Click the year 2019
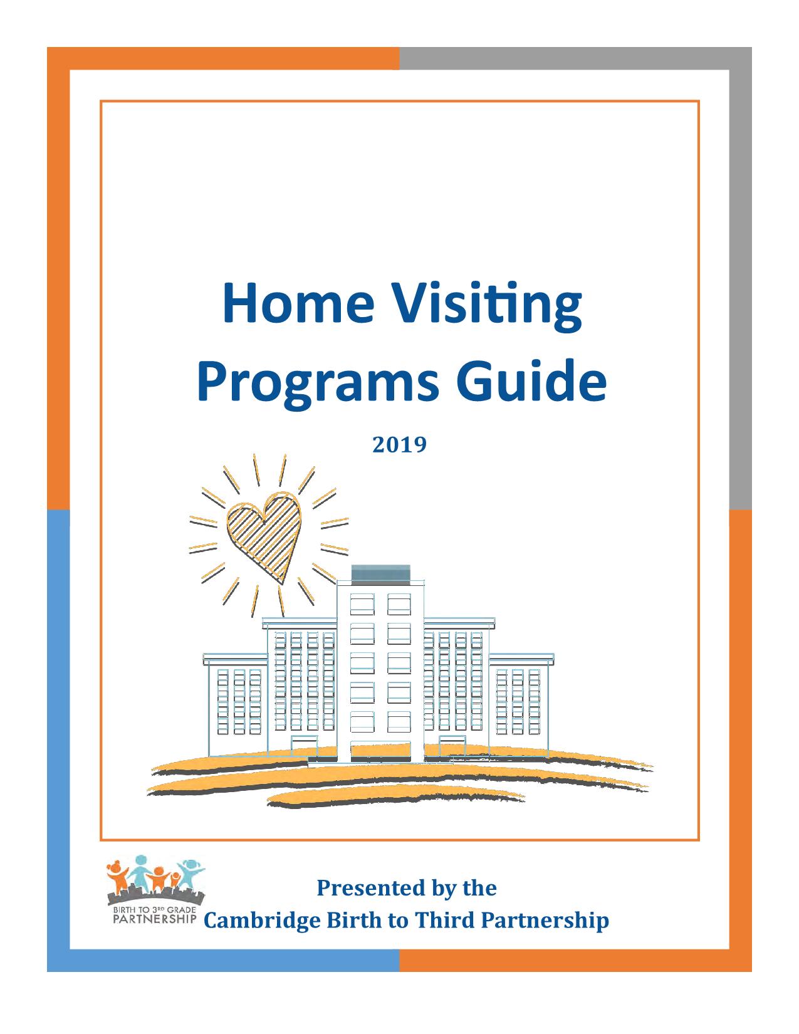399,445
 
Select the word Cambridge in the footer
262,920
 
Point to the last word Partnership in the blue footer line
545,921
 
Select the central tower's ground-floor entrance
380,753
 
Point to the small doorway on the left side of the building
304,746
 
